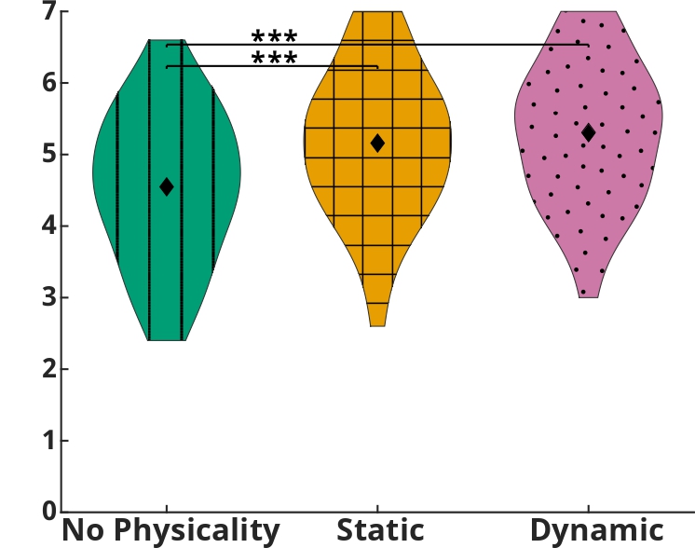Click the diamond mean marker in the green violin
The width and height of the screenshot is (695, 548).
167,186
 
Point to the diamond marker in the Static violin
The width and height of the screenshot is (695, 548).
377,143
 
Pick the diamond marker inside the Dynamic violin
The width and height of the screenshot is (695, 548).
588,132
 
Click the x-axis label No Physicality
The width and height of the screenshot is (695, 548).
170,530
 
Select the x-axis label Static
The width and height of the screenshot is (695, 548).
379,530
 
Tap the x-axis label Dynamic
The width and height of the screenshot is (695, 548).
596,530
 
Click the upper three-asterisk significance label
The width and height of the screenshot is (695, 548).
274,36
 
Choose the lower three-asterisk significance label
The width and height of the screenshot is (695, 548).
274,59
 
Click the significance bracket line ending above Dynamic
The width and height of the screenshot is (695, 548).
466,44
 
